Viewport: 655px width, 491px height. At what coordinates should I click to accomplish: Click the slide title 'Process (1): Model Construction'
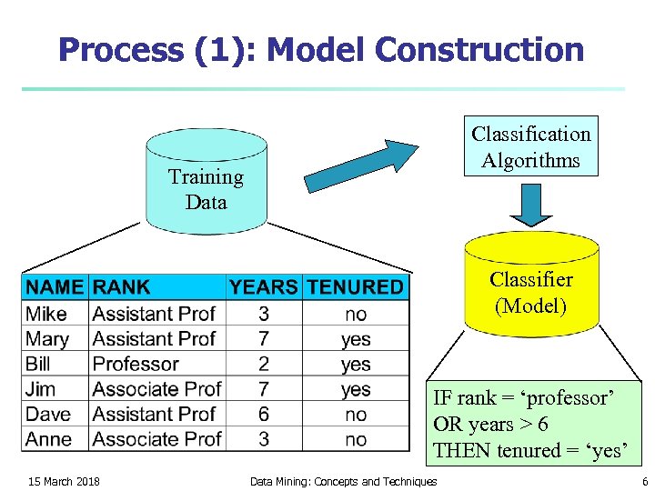321,50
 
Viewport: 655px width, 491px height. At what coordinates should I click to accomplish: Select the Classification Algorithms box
530,146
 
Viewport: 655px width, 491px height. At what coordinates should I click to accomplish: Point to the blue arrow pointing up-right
359,165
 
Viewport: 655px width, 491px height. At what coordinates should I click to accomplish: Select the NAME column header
55,287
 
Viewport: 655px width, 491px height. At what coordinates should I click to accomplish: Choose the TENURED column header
355,287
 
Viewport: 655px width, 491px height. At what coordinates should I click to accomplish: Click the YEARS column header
263,287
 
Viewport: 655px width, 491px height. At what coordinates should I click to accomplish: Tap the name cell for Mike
46,314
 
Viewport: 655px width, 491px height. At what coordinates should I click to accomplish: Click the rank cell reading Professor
136,364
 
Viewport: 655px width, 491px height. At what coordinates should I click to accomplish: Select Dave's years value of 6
263,414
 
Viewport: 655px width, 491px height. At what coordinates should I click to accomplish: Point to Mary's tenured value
356,339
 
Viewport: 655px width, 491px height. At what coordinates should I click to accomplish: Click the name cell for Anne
48,439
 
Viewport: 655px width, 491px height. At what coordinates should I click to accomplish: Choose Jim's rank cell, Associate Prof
156,389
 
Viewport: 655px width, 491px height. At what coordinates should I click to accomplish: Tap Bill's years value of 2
263,364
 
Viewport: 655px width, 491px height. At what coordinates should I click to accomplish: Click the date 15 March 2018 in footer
64,481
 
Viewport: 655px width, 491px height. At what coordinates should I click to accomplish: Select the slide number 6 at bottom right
644,481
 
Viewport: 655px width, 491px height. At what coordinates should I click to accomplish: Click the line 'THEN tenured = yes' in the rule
530,450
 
